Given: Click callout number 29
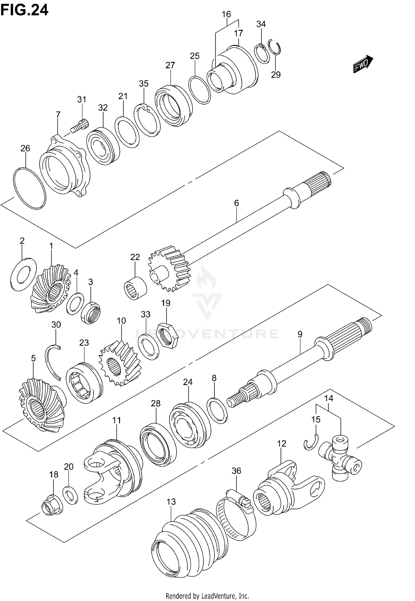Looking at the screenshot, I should (276, 74).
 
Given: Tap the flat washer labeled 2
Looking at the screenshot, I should (23, 274).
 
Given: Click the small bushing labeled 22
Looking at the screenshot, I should (135, 288).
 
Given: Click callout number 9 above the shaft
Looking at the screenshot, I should (300, 334).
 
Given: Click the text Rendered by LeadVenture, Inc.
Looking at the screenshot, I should (207, 594).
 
